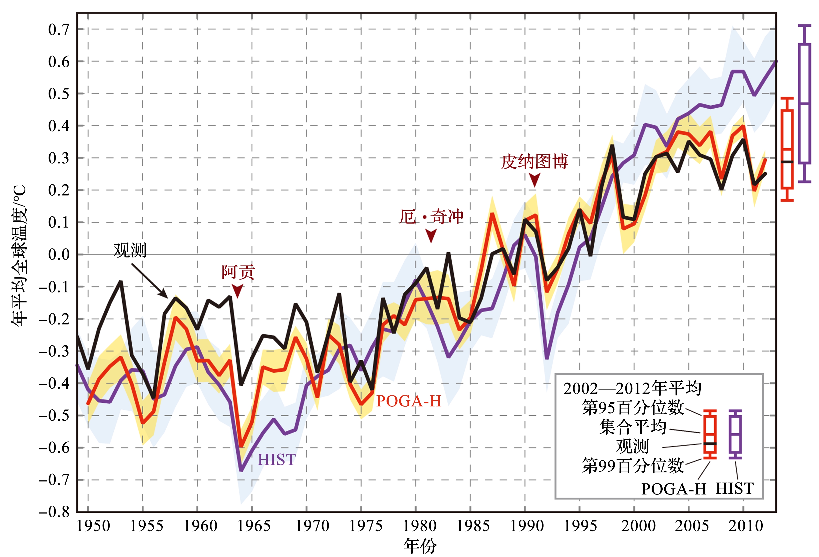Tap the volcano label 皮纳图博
click(534, 162)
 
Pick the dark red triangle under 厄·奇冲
click(431, 235)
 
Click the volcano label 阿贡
click(238, 272)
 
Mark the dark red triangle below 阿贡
click(237, 291)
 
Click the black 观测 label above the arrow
click(130, 250)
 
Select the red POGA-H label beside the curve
click(409, 401)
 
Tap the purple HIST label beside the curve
click(277, 460)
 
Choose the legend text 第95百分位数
click(633, 408)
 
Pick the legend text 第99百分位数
click(633, 465)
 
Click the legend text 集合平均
click(632, 427)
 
